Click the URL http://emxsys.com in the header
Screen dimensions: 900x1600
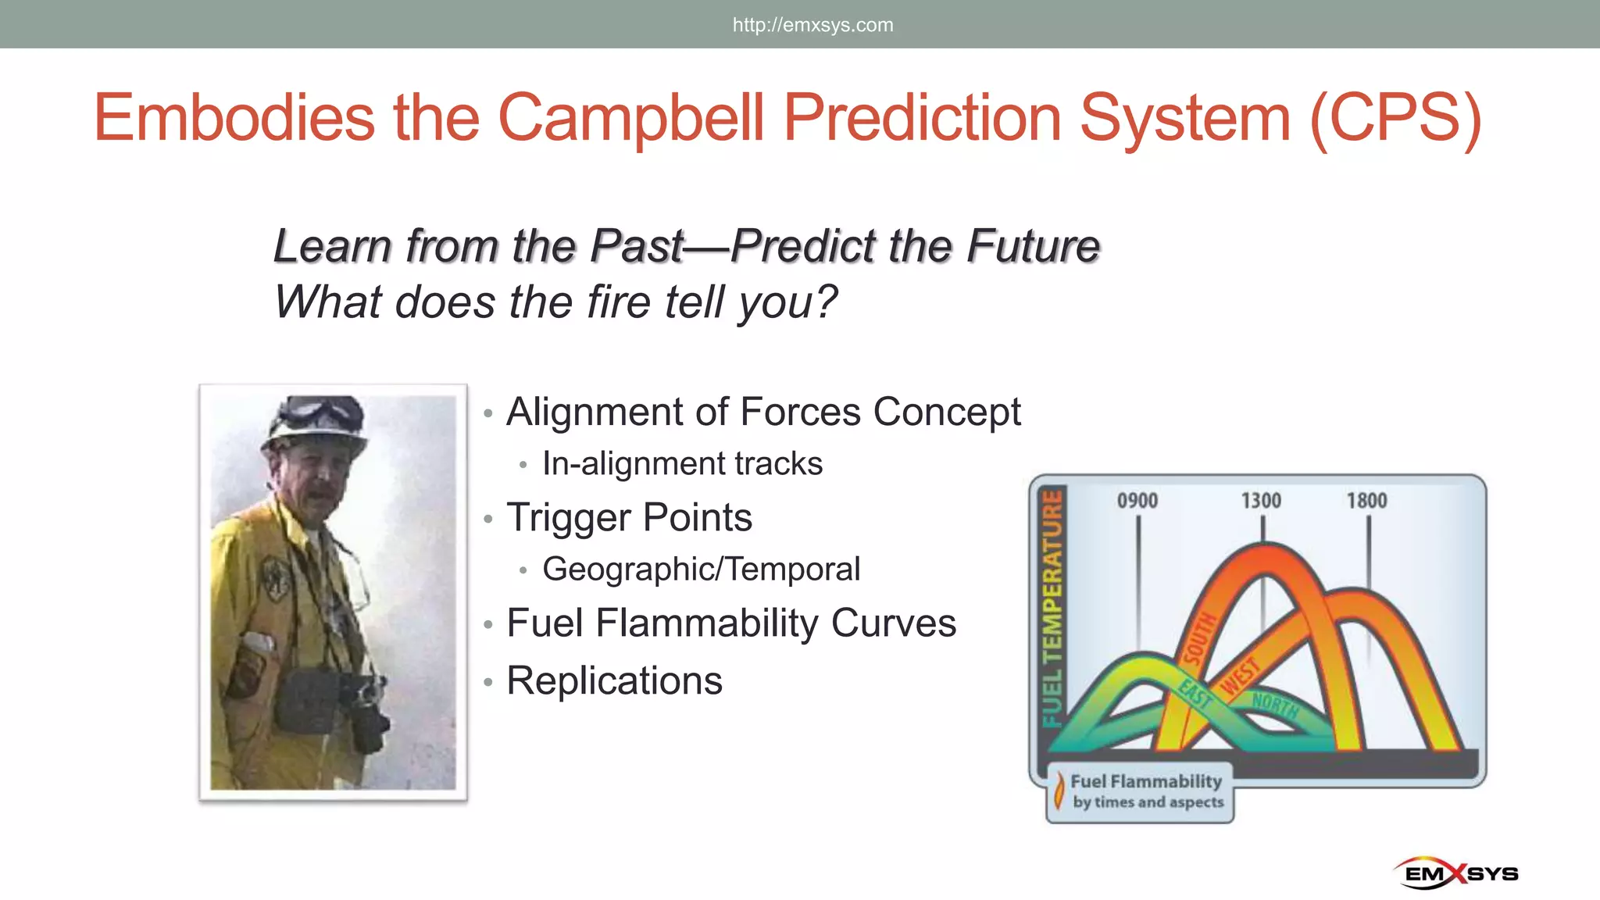tap(812, 25)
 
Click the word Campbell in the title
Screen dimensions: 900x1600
tap(631, 118)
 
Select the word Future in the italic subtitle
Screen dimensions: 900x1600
tap(1033, 246)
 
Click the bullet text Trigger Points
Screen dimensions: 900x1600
tap(629, 517)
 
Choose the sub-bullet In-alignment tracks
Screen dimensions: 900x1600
tap(682, 463)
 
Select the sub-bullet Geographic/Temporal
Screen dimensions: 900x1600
tap(701, 569)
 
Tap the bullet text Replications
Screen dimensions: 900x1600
tap(614, 680)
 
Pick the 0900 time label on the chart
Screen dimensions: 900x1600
tap(1137, 501)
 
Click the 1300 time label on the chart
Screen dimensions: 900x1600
tap(1261, 501)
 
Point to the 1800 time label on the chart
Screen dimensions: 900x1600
tap(1366, 501)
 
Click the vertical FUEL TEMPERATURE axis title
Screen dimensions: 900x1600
tap(1053, 608)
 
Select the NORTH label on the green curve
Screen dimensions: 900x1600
tap(1275, 705)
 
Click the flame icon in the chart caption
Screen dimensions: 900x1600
tap(1059, 790)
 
